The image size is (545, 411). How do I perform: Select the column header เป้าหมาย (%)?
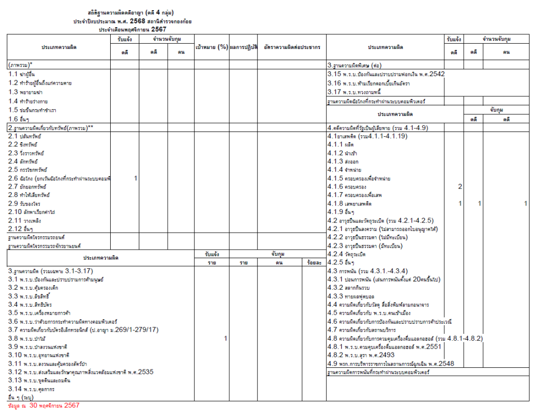click(211, 47)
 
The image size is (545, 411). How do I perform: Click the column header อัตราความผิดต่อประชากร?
click(292, 47)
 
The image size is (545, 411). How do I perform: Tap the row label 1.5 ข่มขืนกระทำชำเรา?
click(36, 110)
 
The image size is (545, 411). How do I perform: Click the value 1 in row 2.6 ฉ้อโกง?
click(136, 178)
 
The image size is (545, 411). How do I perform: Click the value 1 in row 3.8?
click(226, 339)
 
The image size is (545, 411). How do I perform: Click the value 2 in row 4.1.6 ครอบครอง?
click(460, 187)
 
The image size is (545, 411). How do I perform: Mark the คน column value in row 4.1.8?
click(525, 204)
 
